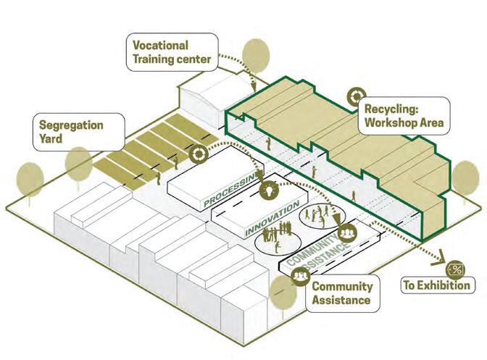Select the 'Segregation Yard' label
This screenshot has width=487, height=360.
[70, 131]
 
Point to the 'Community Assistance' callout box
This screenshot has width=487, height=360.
[341, 292]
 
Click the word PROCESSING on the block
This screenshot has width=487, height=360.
[231, 191]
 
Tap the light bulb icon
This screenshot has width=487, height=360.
[269, 191]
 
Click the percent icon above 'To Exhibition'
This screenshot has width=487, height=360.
[457, 269]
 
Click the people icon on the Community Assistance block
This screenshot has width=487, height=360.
[348, 233]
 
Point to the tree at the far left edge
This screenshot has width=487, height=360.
[30, 180]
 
